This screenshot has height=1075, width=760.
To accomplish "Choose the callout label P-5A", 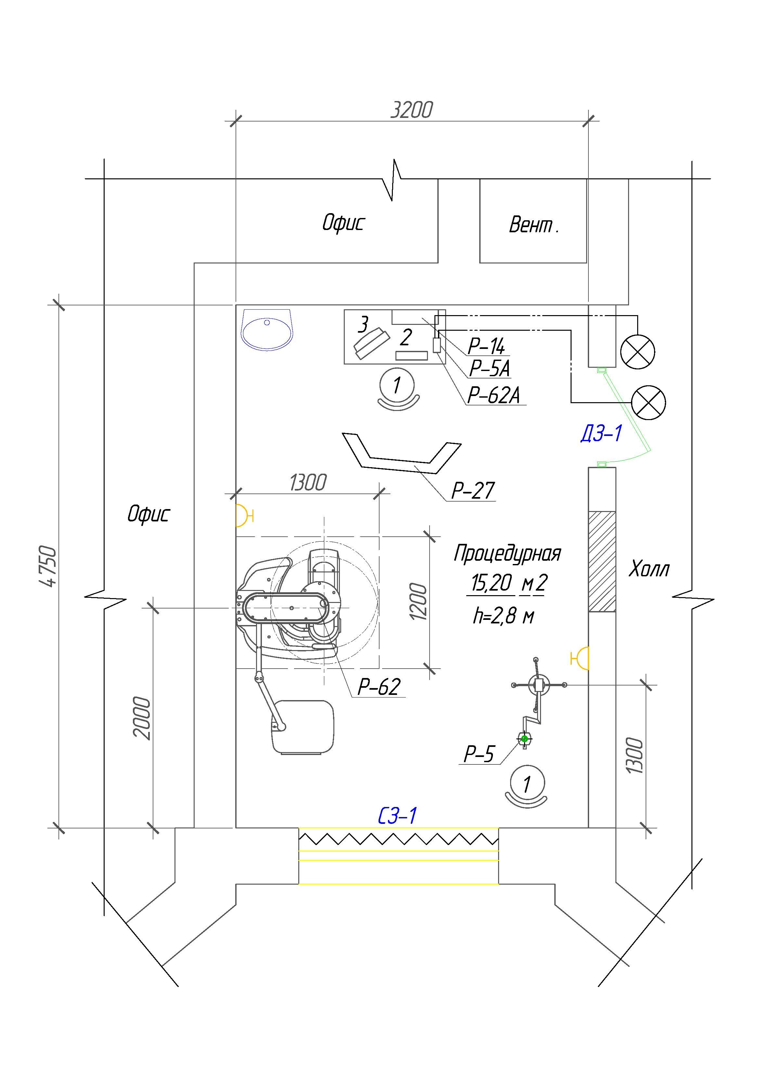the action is point(489,368).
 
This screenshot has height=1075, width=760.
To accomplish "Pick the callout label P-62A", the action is point(494,395).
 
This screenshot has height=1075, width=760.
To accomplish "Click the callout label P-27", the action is point(472,491).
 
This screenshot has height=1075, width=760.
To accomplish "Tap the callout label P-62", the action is point(379,687).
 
